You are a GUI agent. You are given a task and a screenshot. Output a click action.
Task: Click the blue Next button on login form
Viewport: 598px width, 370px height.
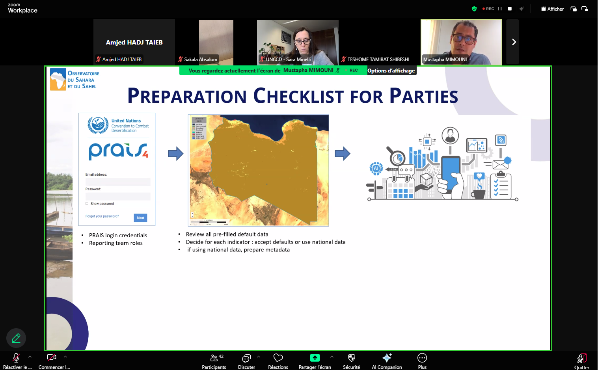pos(140,218)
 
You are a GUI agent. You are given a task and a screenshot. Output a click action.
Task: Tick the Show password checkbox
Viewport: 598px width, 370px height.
pos(87,204)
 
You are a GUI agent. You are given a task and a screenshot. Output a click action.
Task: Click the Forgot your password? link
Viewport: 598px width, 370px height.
pos(102,216)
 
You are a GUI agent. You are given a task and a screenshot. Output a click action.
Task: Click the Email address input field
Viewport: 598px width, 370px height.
pos(118,182)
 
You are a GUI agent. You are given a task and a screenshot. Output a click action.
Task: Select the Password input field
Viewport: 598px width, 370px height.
pos(118,196)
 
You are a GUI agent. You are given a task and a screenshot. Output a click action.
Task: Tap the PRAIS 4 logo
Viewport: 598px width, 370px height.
pos(118,151)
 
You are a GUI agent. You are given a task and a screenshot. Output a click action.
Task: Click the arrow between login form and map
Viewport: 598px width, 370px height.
pos(175,153)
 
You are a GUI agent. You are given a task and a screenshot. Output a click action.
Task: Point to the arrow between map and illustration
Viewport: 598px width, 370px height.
pos(342,153)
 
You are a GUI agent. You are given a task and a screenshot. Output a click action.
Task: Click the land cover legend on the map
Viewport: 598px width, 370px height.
pos(199,128)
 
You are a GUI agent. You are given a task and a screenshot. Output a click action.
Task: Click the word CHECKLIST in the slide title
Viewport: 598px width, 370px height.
pos(298,97)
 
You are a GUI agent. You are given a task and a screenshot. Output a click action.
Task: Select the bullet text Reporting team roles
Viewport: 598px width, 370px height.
pos(116,243)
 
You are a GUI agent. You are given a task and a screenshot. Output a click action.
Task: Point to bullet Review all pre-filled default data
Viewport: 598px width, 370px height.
pos(227,234)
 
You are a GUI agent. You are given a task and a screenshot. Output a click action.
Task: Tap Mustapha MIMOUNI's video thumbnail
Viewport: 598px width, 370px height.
pos(461,42)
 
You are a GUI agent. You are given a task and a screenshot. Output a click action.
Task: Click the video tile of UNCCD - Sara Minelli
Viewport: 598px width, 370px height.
pos(298,42)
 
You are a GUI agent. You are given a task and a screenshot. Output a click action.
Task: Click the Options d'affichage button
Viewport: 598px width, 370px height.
pos(391,71)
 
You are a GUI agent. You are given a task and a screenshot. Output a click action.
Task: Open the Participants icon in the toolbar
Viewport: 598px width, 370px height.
pos(214,358)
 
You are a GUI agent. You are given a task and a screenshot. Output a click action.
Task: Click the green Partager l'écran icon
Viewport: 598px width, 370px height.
pos(315,358)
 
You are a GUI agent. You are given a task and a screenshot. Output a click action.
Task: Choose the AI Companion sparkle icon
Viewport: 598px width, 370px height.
pos(387,358)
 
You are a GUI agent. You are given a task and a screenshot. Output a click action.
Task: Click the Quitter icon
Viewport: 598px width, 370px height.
pos(581,358)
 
